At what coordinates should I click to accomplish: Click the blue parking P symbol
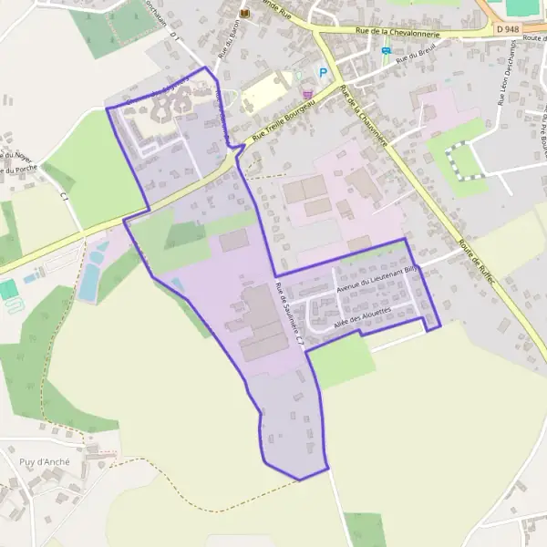[x=321, y=72]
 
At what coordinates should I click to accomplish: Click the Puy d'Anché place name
[x=45, y=461]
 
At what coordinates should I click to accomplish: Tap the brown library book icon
[x=243, y=14]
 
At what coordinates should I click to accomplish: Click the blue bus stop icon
[x=386, y=51]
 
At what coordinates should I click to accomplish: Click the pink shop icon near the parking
[x=307, y=92]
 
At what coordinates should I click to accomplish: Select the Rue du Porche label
[x=17, y=169]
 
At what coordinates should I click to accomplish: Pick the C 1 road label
[x=64, y=196]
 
